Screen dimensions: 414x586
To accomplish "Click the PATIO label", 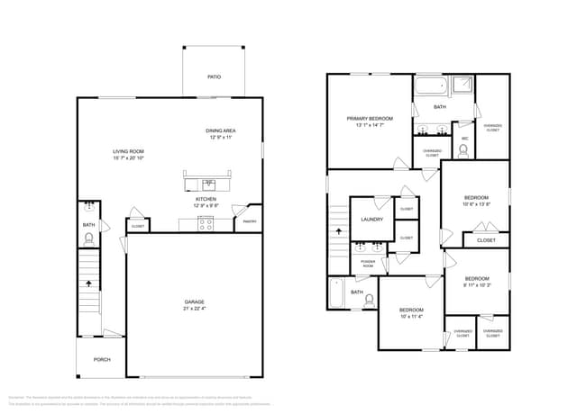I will (x=214, y=77).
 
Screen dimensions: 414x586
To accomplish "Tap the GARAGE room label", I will (x=196, y=301).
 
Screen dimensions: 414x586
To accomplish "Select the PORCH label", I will (x=101, y=359).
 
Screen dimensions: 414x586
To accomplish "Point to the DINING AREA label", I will (x=221, y=130).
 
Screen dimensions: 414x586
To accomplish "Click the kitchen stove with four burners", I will (x=206, y=224).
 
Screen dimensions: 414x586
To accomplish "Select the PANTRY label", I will (x=250, y=220).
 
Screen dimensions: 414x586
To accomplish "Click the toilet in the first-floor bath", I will (x=89, y=239).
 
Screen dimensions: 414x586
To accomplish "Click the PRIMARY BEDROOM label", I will (x=370, y=118).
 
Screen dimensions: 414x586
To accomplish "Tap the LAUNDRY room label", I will (x=371, y=219).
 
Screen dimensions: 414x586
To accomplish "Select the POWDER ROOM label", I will (x=368, y=265).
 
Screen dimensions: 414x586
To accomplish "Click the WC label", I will (x=464, y=138).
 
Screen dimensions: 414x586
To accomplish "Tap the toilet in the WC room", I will (x=464, y=150).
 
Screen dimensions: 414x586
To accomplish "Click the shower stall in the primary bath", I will (x=462, y=86).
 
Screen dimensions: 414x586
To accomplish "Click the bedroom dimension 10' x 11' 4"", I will (x=412, y=316).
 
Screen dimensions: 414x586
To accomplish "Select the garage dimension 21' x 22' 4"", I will (x=196, y=309).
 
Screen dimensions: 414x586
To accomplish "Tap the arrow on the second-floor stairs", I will (x=339, y=231).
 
